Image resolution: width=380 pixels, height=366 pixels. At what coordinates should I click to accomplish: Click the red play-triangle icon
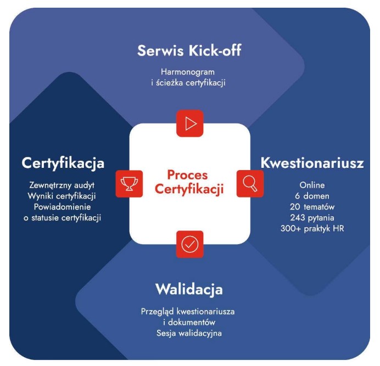[x=190, y=123]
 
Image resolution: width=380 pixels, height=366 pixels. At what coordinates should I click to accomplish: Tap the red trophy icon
[x=129, y=184]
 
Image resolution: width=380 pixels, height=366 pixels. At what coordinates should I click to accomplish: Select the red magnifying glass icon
[x=250, y=184]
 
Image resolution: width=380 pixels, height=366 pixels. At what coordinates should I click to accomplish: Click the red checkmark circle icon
[x=190, y=244]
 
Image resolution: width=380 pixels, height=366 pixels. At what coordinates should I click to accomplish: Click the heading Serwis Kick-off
[x=189, y=50]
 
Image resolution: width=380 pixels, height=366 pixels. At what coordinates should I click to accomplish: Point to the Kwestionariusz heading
[x=312, y=163]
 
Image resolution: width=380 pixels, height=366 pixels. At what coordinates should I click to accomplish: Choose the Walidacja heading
[x=189, y=289]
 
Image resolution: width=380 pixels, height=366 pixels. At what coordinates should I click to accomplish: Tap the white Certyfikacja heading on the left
[x=63, y=164]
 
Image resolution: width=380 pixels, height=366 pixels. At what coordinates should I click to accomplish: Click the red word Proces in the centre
[x=187, y=174]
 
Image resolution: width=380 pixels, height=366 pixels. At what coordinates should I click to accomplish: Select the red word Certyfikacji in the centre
[x=189, y=189]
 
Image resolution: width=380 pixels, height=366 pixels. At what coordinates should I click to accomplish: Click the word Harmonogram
[x=188, y=72]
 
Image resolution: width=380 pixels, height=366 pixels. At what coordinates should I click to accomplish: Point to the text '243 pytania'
[x=312, y=218]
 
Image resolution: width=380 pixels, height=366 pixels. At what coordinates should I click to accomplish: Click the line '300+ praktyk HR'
[x=312, y=228]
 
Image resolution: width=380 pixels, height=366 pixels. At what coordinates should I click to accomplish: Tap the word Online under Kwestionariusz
[x=312, y=185]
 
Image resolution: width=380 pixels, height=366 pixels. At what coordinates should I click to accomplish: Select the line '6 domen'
[x=312, y=196]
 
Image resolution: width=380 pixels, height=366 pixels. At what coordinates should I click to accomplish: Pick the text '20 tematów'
[x=312, y=207]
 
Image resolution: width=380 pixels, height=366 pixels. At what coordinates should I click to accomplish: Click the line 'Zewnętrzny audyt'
[x=62, y=185]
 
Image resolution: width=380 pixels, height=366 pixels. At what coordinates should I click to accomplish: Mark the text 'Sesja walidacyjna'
[x=189, y=333]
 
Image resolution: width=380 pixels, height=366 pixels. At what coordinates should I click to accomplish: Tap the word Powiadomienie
[x=62, y=207]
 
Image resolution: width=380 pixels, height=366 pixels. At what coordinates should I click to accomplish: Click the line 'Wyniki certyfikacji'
[x=62, y=196]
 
